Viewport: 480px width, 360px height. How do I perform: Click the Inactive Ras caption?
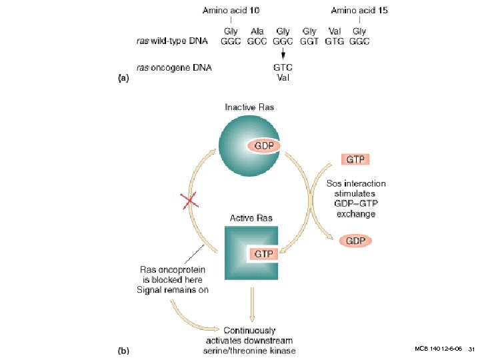coord(249,107)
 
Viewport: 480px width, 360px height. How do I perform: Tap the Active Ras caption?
coord(251,218)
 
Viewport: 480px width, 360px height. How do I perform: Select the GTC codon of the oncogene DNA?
coord(283,67)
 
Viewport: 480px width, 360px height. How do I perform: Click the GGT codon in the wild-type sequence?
coord(309,41)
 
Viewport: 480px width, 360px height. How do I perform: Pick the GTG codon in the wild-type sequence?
coord(334,41)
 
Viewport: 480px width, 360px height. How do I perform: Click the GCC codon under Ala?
coord(257,41)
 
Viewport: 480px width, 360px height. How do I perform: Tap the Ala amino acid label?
coord(257,31)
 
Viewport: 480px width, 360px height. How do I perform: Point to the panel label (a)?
coord(123,77)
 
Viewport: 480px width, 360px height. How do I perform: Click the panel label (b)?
coord(123,349)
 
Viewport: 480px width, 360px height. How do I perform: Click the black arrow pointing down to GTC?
coord(283,54)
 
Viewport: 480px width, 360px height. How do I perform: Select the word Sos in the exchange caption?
coord(333,183)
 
